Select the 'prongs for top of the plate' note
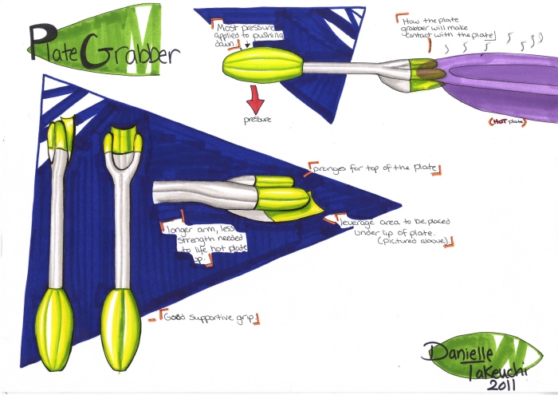[x=375, y=168]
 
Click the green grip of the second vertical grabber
[x=123, y=326]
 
